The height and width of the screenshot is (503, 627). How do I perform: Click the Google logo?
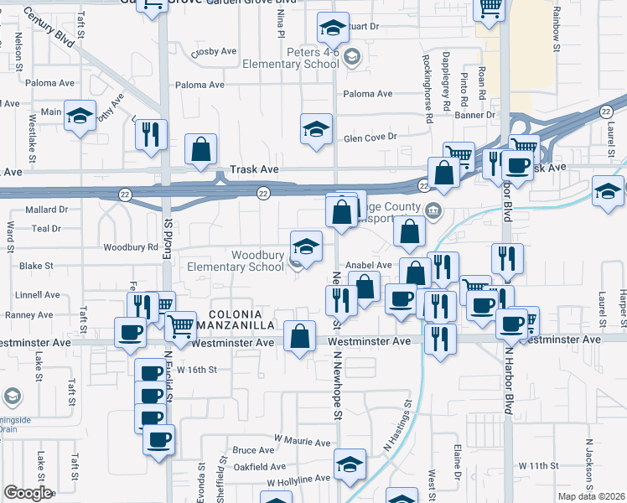tap(28, 493)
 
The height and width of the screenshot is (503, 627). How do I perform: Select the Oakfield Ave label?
tap(260, 467)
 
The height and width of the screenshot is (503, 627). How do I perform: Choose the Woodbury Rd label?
tap(131, 248)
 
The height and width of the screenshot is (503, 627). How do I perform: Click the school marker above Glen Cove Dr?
tap(317, 130)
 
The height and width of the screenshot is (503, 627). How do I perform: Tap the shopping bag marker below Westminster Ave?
tap(300, 337)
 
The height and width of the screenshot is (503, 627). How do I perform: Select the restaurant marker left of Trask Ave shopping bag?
tap(151, 136)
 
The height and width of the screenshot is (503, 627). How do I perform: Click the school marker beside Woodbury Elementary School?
tap(306, 247)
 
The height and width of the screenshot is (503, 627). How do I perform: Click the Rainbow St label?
tap(555, 29)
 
